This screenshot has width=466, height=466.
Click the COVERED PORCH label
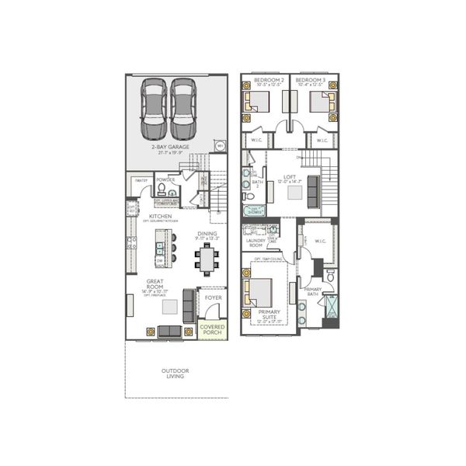click(213, 330)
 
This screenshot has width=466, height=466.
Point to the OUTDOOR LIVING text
click(176, 374)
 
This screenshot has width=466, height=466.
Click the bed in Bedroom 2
click(256, 102)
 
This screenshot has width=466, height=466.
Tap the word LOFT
click(290, 177)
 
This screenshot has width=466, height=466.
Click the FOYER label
click(213, 297)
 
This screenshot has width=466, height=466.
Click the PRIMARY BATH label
click(313, 291)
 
